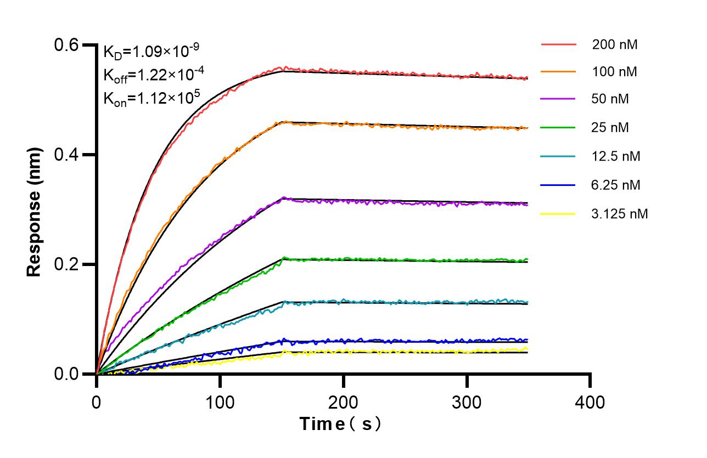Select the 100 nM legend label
pyautogui.click(x=614, y=72)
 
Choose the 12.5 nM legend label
pyautogui.click(x=616, y=156)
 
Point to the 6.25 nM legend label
pyautogui.click(x=616, y=185)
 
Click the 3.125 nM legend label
pyautogui.click(x=620, y=213)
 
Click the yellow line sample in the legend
pyautogui.click(x=558, y=213)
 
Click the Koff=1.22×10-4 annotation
pyautogui.click(x=151, y=75)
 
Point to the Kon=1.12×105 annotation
pyautogui.click(x=151, y=98)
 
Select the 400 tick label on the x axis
pyautogui.click(x=590, y=402)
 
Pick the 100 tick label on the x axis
pyautogui.click(x=220, y=402)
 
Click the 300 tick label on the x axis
pyautogui.click(x=467, y=402)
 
